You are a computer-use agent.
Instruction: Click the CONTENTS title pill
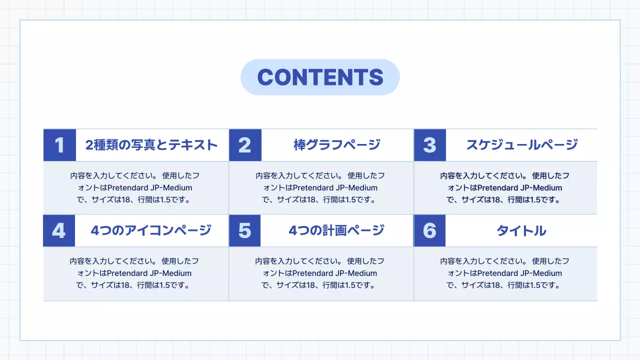pos(320,77)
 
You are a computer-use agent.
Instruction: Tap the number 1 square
pos(59,145)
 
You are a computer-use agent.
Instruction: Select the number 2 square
pos(245,145)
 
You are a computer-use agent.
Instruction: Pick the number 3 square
pos(429,145)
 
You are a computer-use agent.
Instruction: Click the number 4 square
pos(59,230)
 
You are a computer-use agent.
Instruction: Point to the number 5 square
pos(244,230)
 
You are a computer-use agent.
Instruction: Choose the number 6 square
pos(429,230)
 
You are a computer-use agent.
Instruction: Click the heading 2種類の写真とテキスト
pos(152,145)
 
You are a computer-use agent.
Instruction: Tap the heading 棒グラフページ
pos(337,145)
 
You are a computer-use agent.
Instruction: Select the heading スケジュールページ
pos(522,145)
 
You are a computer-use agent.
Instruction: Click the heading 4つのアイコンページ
pos(151,230)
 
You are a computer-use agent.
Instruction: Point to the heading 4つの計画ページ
pos(336,230)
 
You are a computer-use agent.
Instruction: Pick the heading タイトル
pos(521,230)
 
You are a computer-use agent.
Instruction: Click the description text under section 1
pos(135,187)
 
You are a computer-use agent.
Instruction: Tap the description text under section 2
pos(320,187)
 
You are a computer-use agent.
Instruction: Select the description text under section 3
pos(505,187)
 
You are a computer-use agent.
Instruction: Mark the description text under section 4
pos(134,273)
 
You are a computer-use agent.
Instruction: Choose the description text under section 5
pos(319,273)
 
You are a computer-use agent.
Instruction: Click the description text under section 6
pos(505,273)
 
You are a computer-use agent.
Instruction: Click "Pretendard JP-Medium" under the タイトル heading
pos(519,273)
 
